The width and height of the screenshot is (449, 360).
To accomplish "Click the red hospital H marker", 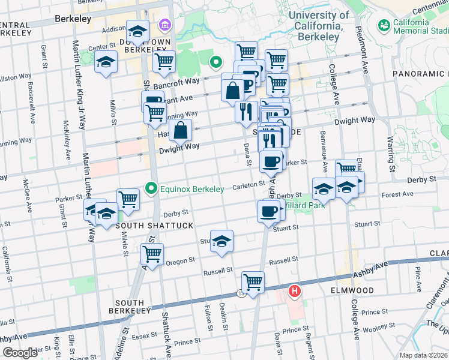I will (x=294, y=292).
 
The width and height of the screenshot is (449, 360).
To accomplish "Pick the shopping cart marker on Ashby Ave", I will (x=253, y=281).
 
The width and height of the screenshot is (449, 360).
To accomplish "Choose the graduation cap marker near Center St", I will (x=106, y=62).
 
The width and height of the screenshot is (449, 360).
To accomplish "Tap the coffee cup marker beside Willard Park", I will (x=268, y=210).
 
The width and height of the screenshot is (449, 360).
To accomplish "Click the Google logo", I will (x=20, y=352).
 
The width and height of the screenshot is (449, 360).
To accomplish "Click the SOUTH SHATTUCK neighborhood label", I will (x=154, y=226).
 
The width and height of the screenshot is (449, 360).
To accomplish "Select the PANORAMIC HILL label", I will (x=420, y=73).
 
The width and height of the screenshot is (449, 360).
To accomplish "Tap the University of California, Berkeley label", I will (x=318, y=21).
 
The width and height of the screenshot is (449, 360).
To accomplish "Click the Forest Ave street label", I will (x=397, y=194).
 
